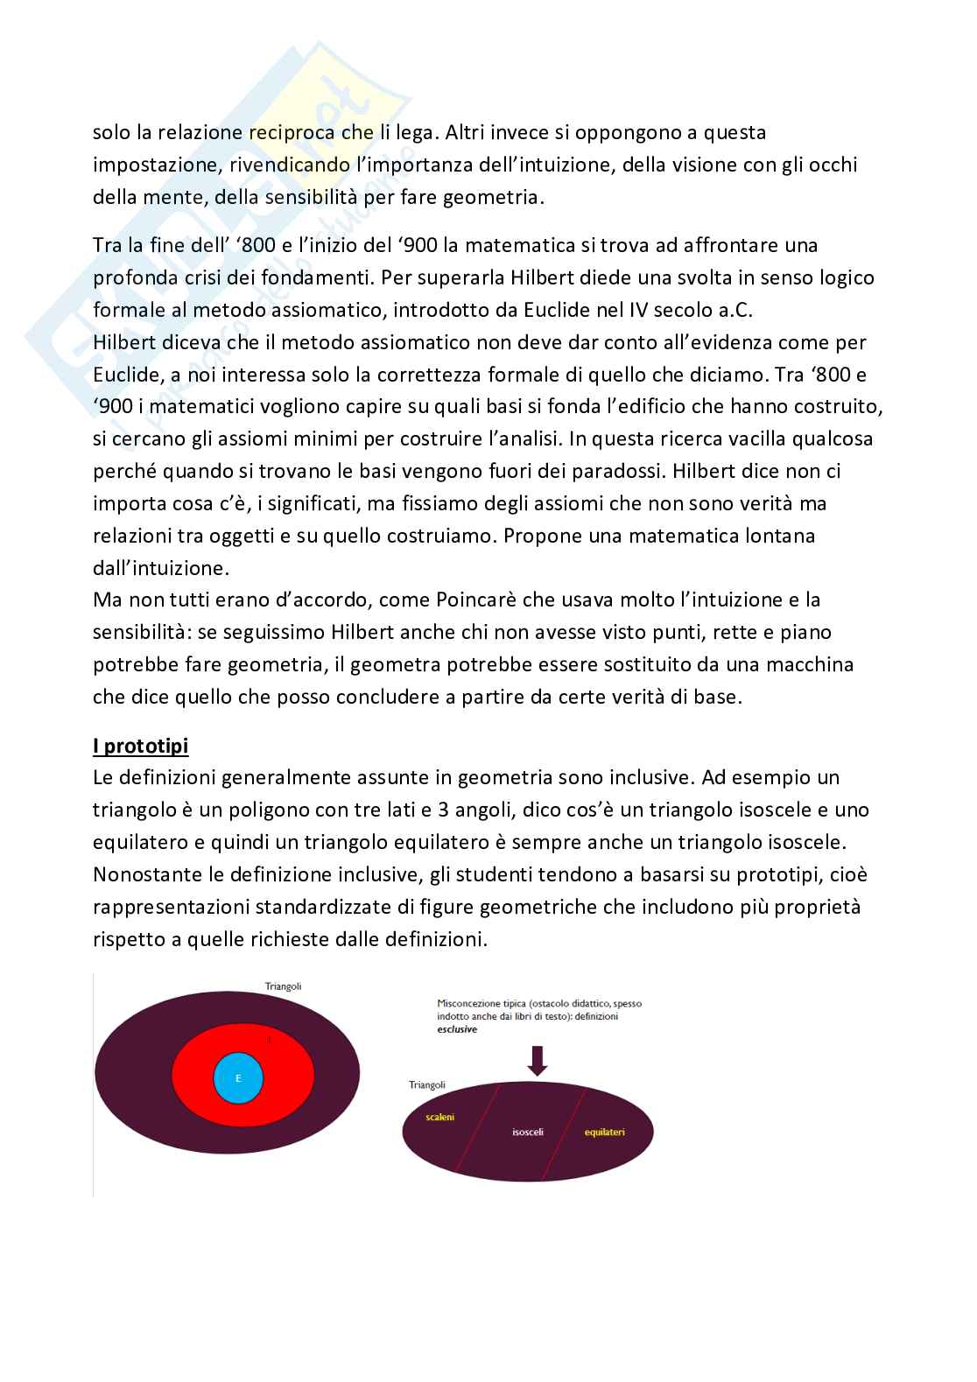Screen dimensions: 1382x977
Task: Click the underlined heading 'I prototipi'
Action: click(x=140, y=746)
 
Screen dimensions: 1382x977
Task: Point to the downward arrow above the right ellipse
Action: click(x=538, y=1060)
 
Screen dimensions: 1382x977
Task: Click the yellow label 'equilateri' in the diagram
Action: click(x=605, y=1132)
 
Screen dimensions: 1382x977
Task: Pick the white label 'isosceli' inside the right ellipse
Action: click(x=528, y=1132)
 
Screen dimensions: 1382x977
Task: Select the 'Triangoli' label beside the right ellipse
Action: click(x=427, y=1084)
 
